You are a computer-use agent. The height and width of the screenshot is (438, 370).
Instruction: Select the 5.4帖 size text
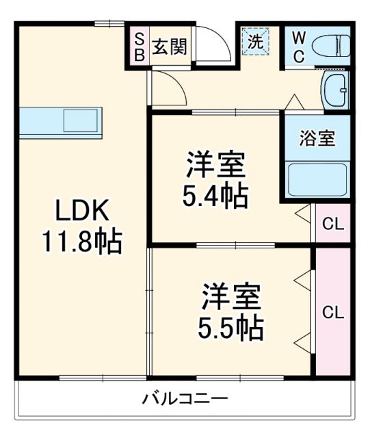point(214,196)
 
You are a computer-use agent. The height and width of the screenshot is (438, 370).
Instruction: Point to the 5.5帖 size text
point(230,329)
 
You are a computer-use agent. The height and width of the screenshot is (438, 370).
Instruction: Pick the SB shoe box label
point(139,47)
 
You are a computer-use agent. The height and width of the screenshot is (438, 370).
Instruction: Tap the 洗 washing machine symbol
point(255,41)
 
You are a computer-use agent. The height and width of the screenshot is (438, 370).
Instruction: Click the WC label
point(300,47)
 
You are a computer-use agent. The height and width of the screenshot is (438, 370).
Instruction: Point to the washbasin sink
point(336,90)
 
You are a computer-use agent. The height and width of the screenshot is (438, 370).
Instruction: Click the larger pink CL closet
point(333,312)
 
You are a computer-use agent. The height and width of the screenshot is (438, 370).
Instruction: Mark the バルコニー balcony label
point(185,398)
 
